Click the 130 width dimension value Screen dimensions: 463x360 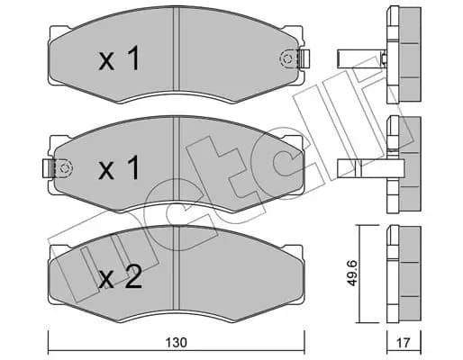(177, 342)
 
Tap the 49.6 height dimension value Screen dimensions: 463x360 (351, 274)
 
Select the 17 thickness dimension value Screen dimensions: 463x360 (404, 342)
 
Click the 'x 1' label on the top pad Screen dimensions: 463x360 (120, 58)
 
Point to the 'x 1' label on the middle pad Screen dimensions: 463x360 (120, 167)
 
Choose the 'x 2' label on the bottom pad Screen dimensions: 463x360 (120, 277)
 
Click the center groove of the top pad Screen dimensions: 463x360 (177, 49)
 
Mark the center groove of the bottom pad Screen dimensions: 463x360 (177, 267)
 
